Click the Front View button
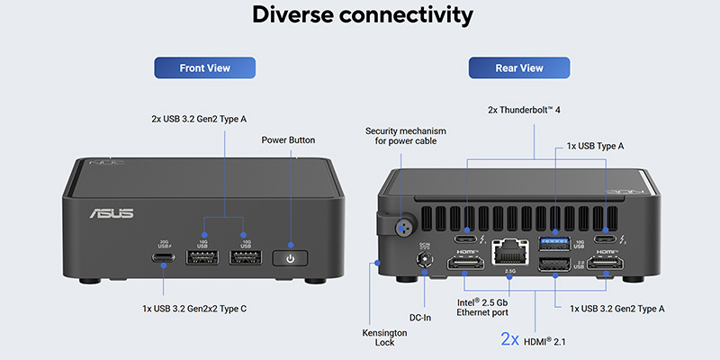[205, 67]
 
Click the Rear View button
[519, 67]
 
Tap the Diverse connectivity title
[361, 16]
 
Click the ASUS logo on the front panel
[112, 213]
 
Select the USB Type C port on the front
[164, 258]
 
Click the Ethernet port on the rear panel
[510, 251]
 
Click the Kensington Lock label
[385, 338]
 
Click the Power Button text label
[289, 140]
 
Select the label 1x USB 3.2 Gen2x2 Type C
[194, 309]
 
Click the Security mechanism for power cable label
[405, 136]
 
